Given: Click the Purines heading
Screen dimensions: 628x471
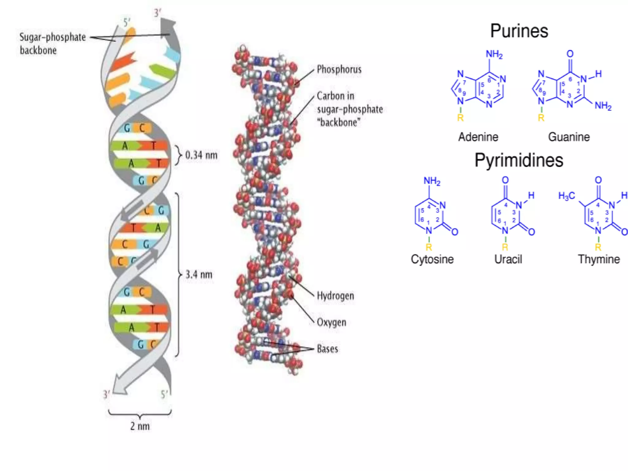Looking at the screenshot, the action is click(x=519, y=31).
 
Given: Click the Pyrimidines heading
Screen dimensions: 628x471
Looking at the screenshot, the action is click(x=519, y=160).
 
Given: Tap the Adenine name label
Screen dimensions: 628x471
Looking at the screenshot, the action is click(x=478, y=137).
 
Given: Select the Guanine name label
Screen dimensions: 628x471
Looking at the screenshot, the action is click(x=569, y=137).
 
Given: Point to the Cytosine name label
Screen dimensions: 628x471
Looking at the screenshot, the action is click(x=432, y=259).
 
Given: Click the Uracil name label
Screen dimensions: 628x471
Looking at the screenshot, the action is click(x=508, y=259).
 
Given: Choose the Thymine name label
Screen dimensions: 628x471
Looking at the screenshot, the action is click(x=599, y=259).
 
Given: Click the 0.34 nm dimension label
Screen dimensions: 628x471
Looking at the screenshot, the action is click(x=201, y=155).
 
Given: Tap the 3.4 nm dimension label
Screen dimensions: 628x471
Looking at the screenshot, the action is click(x=199, y=274).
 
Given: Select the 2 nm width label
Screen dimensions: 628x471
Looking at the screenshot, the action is click(x=140, y=426).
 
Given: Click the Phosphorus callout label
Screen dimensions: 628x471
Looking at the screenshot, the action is click(x=339, y=69).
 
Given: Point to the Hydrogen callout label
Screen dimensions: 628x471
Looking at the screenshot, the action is click(x=335, y=296).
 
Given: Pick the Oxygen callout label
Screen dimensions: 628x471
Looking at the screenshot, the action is click(x=331, y=323).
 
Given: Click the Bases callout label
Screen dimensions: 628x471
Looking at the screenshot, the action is click(x=327, y=349).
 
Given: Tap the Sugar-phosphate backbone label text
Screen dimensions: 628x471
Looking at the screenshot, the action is click(x=52, y=44).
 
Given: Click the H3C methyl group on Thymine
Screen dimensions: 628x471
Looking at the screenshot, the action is click(x=566, y=196).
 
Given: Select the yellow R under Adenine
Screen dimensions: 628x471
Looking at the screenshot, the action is click(x=460, y=118).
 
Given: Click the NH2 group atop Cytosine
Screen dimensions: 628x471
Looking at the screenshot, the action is click(x=432, y=181).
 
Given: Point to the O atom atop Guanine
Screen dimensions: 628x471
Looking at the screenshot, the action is click(x=570, y=54).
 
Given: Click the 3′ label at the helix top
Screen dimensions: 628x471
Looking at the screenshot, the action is click(x=157, y=13).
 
